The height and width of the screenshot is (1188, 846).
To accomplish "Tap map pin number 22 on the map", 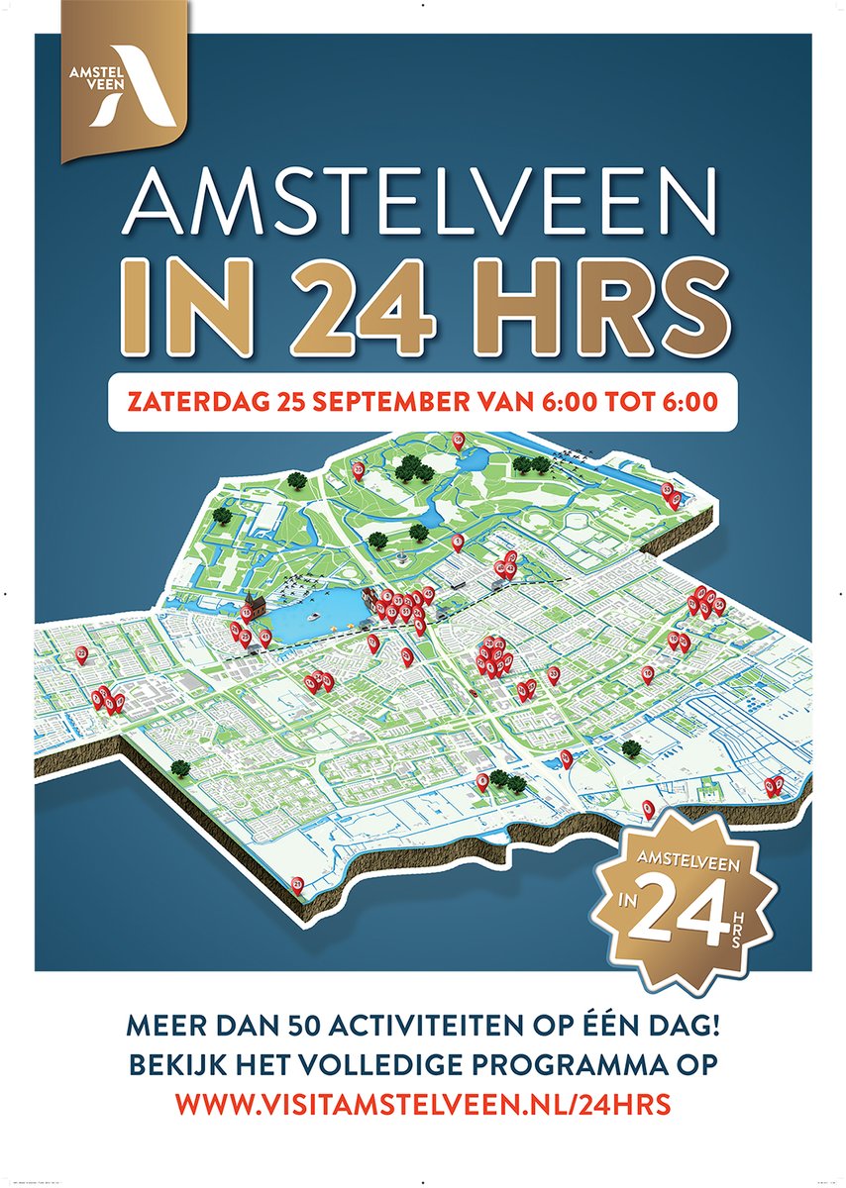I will coord(81,654).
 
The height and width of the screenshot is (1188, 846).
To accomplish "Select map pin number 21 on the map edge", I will coord(297,882).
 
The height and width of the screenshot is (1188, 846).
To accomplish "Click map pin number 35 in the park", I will coord(357,469).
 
